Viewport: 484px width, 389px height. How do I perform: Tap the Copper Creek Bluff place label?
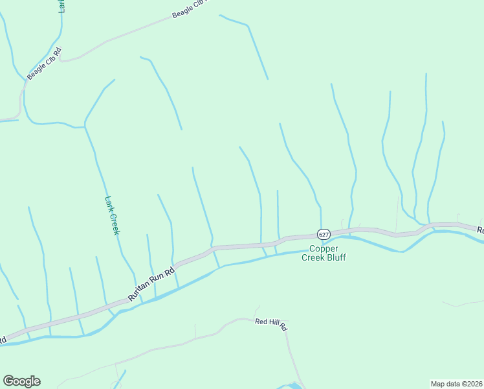click(x=324, y=253)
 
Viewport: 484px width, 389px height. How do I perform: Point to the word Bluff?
click(x=336, y=257)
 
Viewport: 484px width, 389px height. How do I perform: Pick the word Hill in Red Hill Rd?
click(x=271, y=322)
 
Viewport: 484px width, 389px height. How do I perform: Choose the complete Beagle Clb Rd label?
click(x=44, y=63)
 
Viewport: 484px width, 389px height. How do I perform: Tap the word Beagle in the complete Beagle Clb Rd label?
click(x=36, y=69)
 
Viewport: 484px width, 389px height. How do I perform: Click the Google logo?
click(x=21, y=381)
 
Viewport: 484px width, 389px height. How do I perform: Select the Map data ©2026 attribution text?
click(x=456, y=384)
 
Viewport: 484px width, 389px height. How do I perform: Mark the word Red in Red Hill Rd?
click(x=261, y=321)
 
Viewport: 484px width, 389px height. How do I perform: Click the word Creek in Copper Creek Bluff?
click(x=315, y=257)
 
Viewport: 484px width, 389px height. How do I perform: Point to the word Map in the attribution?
click(x=437, y=384)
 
